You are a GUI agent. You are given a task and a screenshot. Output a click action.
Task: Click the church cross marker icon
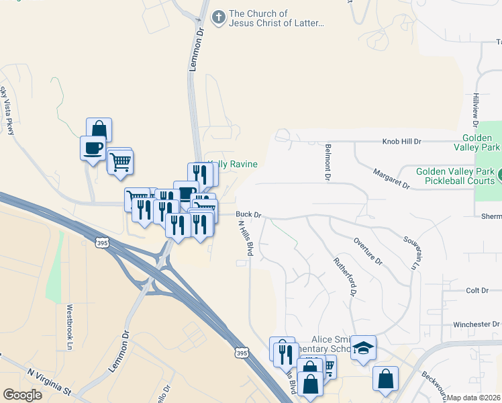point(218,18)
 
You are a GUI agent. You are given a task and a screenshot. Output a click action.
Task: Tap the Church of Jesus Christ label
point(277,18)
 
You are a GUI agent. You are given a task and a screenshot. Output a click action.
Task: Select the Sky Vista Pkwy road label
point(8,110)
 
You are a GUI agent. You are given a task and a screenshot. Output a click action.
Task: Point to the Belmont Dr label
point(329,162)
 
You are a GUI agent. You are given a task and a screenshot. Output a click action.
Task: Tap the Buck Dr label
point(248,215)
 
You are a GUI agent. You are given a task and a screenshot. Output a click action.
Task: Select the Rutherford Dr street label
point(344,277)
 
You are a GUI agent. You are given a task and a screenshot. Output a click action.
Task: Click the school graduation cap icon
point(363,347)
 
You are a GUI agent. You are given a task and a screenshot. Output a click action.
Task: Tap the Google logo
point(22,395)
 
